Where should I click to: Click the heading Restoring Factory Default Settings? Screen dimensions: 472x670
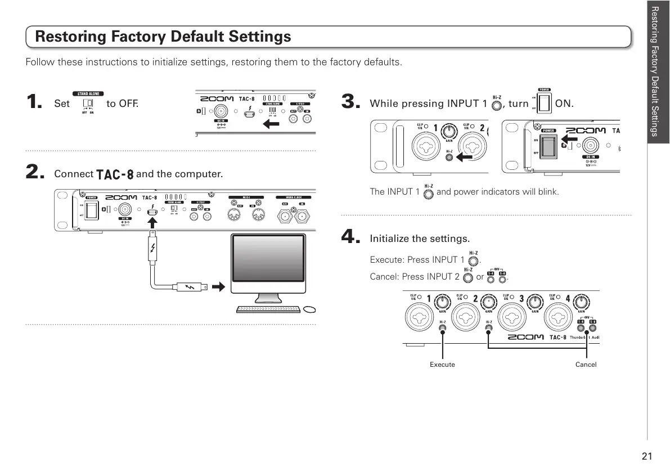coord(163,37)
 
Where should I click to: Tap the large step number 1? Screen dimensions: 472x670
coord(34,102)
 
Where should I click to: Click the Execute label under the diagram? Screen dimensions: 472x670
coord(442,365)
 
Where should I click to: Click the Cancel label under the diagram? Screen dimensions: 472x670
coord(586,365)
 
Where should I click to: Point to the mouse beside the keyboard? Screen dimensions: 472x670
coord(309,309)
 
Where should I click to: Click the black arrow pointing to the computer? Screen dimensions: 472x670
coord(219,287)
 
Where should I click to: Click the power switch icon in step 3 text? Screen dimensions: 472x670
coord(544,103)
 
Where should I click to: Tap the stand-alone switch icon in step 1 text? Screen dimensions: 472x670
coord(88,103)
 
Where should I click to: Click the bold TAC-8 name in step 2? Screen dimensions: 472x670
coord(115,174)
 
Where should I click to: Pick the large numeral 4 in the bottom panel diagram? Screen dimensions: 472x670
coord(568,298)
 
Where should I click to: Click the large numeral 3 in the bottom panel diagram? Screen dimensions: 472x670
coord(521,298)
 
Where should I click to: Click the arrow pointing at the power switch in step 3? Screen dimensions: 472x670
coord(569,137)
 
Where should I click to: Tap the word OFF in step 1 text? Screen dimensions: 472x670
coord(128,104)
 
